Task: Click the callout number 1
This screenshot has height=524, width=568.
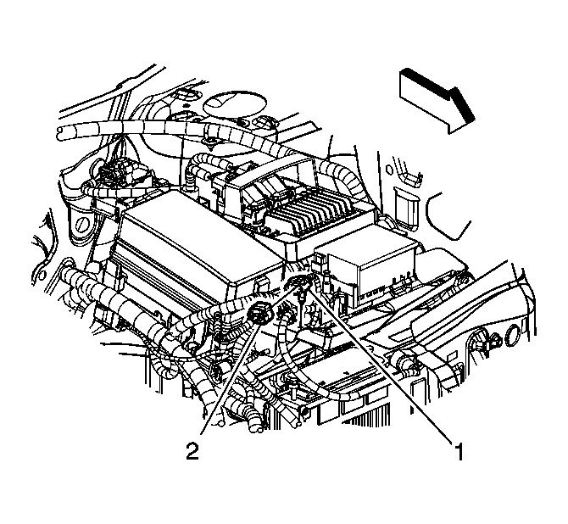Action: click(x=459, y=453)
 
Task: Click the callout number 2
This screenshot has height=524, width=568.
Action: click(x=194, y=450)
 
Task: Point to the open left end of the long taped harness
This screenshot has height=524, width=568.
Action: click(x=60, y=132)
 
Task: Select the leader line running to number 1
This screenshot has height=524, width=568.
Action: click(x=381, y=365)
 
